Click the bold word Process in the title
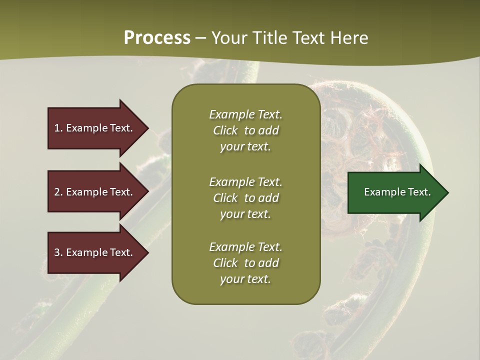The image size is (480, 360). point(157,38)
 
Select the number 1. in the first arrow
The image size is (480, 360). point(58,128)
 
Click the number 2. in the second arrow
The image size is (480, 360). point(58,192)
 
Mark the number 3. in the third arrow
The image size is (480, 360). point(58,252)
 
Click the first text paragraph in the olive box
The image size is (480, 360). point(245,130)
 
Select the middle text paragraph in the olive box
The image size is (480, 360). point(245,198)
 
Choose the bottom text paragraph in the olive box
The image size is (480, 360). point(245,263)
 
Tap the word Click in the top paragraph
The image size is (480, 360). point(225,130)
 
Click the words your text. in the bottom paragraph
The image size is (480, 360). point(245,279)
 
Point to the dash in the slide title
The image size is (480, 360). point(200,38)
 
